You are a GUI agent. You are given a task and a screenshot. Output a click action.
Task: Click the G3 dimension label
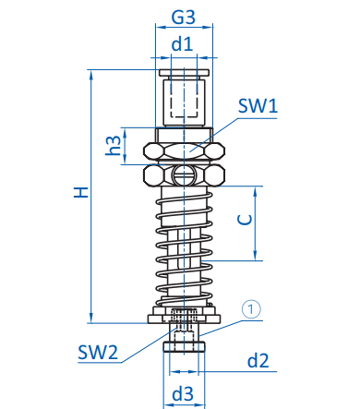pos(184,17)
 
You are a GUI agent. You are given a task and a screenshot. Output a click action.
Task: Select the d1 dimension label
pos(183,43)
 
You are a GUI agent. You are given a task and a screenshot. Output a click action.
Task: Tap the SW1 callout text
pos(258,106)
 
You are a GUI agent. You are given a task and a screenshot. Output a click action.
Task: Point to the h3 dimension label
pos(113,146)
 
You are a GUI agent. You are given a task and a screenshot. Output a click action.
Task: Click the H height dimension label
pos(81,192)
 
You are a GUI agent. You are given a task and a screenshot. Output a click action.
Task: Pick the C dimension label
pos(246,220)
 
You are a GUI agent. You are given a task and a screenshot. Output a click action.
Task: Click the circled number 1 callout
pos(251,308)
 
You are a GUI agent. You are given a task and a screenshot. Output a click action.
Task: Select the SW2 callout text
pos(98,353)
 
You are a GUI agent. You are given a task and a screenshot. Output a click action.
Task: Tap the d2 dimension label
pos(258,360)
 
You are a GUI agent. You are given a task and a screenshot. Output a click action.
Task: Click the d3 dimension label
pos(183,394)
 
